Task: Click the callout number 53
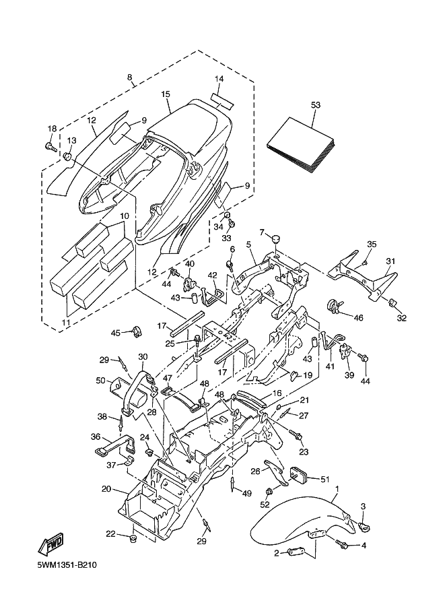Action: tap(316, 105)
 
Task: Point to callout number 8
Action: tap(129, 77)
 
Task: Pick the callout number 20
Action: tap(106, 488)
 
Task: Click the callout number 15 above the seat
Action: tap(165, 94)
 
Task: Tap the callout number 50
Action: tap(101, 381)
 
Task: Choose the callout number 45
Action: tap(115, 333)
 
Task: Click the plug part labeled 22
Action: tap(132, 539)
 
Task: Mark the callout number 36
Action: tap(96, 436)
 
